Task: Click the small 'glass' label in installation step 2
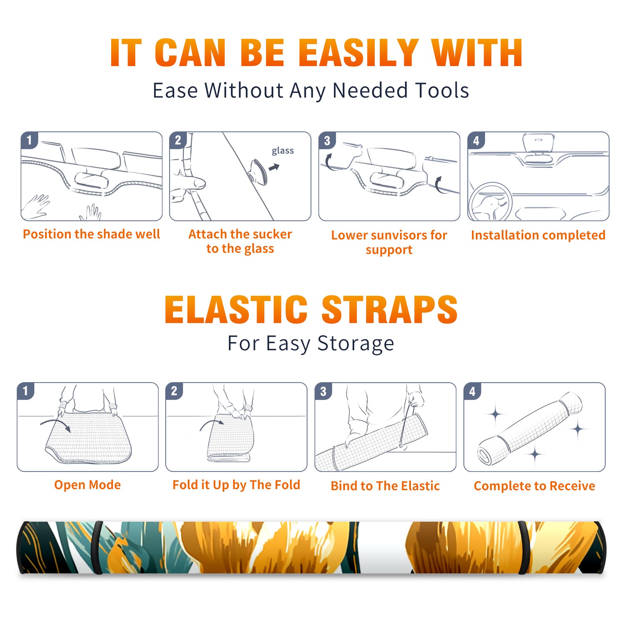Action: (283, 151)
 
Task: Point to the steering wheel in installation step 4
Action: (490, 202)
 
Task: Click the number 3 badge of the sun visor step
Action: (327, 141)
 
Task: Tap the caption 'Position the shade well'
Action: (91, 234)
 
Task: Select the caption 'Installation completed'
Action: (538, 235)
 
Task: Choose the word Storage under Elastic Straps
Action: (356, 344)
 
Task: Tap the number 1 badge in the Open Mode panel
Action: (26, 391)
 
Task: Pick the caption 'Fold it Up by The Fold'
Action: (236, 485)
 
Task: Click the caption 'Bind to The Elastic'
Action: (385, 486)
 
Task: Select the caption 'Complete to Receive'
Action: (535, 486)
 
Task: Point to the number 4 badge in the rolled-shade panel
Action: (472, 391)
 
